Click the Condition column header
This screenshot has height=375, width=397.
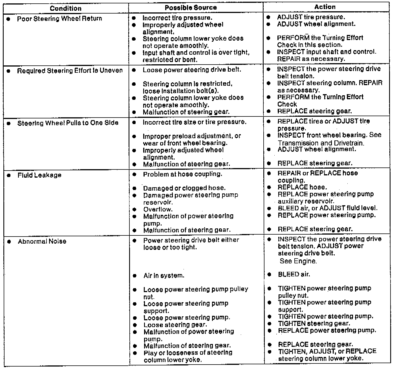[65, 8]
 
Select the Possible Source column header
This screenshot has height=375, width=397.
[191, 8]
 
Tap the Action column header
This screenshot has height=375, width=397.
[325, 7]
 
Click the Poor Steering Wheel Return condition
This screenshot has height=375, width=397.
[59, 19]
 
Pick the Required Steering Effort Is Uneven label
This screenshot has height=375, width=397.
[70, 70]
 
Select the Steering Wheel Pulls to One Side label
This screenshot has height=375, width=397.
[68, 123]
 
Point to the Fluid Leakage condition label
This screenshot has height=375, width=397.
[39, 175]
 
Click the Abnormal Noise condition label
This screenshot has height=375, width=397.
[42, 241]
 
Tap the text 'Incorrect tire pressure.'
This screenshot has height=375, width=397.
[177, 18]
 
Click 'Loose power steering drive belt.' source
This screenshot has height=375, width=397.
[192, 70]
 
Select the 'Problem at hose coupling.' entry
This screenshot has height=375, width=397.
[182, 174]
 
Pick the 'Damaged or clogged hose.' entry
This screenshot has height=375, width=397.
[184, 188]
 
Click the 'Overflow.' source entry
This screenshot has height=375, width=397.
[158, 209]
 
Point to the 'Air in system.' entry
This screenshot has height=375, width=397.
[164, 275]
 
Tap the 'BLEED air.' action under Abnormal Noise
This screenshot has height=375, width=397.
[294, 274]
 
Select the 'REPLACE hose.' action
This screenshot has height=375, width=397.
[302, 187]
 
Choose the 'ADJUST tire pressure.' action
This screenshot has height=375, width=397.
[311, 17]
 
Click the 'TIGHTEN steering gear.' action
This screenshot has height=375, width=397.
[314, 323]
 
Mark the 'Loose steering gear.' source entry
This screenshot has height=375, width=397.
[175, 325]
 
